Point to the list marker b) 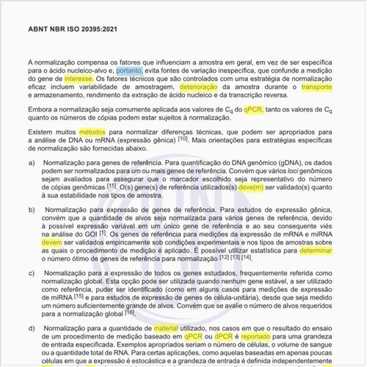click(32, 210)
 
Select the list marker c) click(32, 274)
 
